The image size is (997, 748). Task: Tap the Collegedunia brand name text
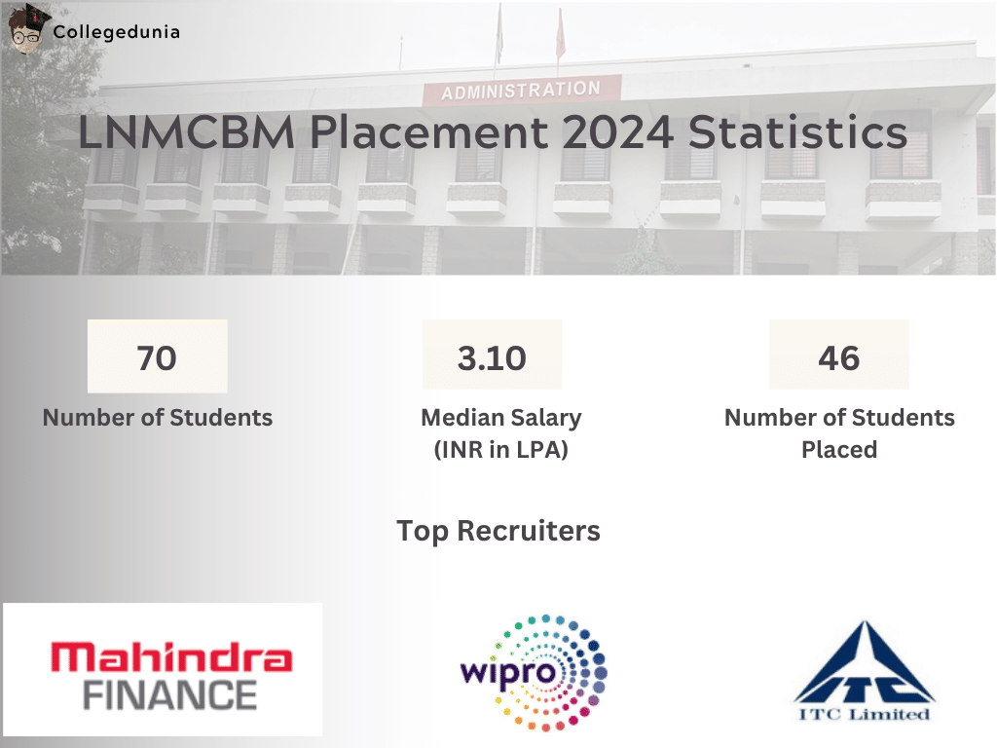[117, 31]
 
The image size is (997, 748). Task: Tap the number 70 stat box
[157, 357]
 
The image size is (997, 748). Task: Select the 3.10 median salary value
[492, 357]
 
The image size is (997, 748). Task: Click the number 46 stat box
[839, 357]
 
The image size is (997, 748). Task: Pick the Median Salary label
[500, 418]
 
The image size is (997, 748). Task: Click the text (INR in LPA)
[500, 450]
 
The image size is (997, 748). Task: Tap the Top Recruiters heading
[498, 531]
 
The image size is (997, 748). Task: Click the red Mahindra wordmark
[171, 659]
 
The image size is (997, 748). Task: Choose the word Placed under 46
[839, 450]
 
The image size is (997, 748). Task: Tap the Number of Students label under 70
[158, 418]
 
